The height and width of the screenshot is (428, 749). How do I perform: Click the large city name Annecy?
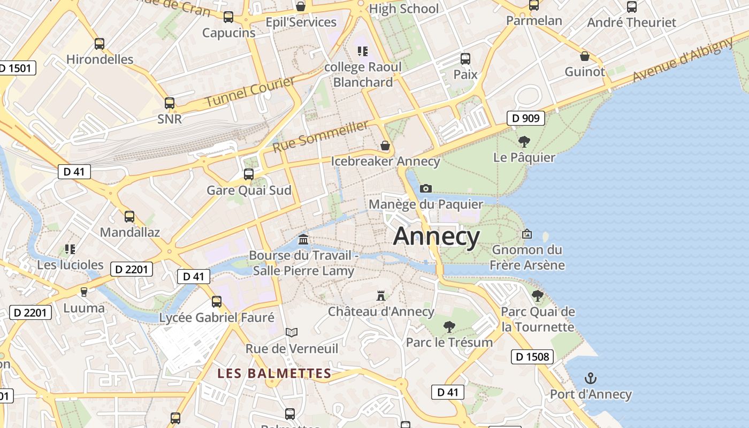(x=437, y=236)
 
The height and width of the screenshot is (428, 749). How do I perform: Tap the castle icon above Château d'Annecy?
(x=381, y=296)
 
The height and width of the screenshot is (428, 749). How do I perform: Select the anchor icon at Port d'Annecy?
(x=591, y=379)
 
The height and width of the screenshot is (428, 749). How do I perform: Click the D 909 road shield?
(x=525, y=118)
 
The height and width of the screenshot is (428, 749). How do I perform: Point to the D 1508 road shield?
(x=532, y=356)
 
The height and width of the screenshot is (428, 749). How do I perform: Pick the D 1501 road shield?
(x=17, y=68)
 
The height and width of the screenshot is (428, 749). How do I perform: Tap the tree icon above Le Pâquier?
(x=524, y=142)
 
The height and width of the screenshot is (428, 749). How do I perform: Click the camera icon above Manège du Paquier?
(x=426, y=188)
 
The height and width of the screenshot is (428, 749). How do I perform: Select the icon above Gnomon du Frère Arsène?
(x=527, y=234)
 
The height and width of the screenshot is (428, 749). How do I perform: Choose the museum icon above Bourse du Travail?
(x=303, y=239)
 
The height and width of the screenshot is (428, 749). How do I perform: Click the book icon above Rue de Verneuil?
(x=292, y=333)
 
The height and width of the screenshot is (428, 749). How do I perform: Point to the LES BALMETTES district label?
(x=274, y=373)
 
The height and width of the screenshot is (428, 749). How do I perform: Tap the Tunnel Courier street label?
(x=250, y=91)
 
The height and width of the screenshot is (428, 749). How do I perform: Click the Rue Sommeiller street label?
(x=320, y=136)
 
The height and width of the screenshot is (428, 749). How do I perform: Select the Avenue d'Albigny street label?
(x=682, y=60)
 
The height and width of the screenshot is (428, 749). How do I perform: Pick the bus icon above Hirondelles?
(x=100, y=44)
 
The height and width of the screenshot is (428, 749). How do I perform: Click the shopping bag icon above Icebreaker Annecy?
(x=385, y=146)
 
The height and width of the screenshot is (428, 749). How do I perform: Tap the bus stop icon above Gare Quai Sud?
(x=249, y=174)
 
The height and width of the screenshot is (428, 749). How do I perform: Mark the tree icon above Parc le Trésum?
(x=449, y=326)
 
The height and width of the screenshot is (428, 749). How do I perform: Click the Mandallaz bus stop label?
(x=130, y=232)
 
